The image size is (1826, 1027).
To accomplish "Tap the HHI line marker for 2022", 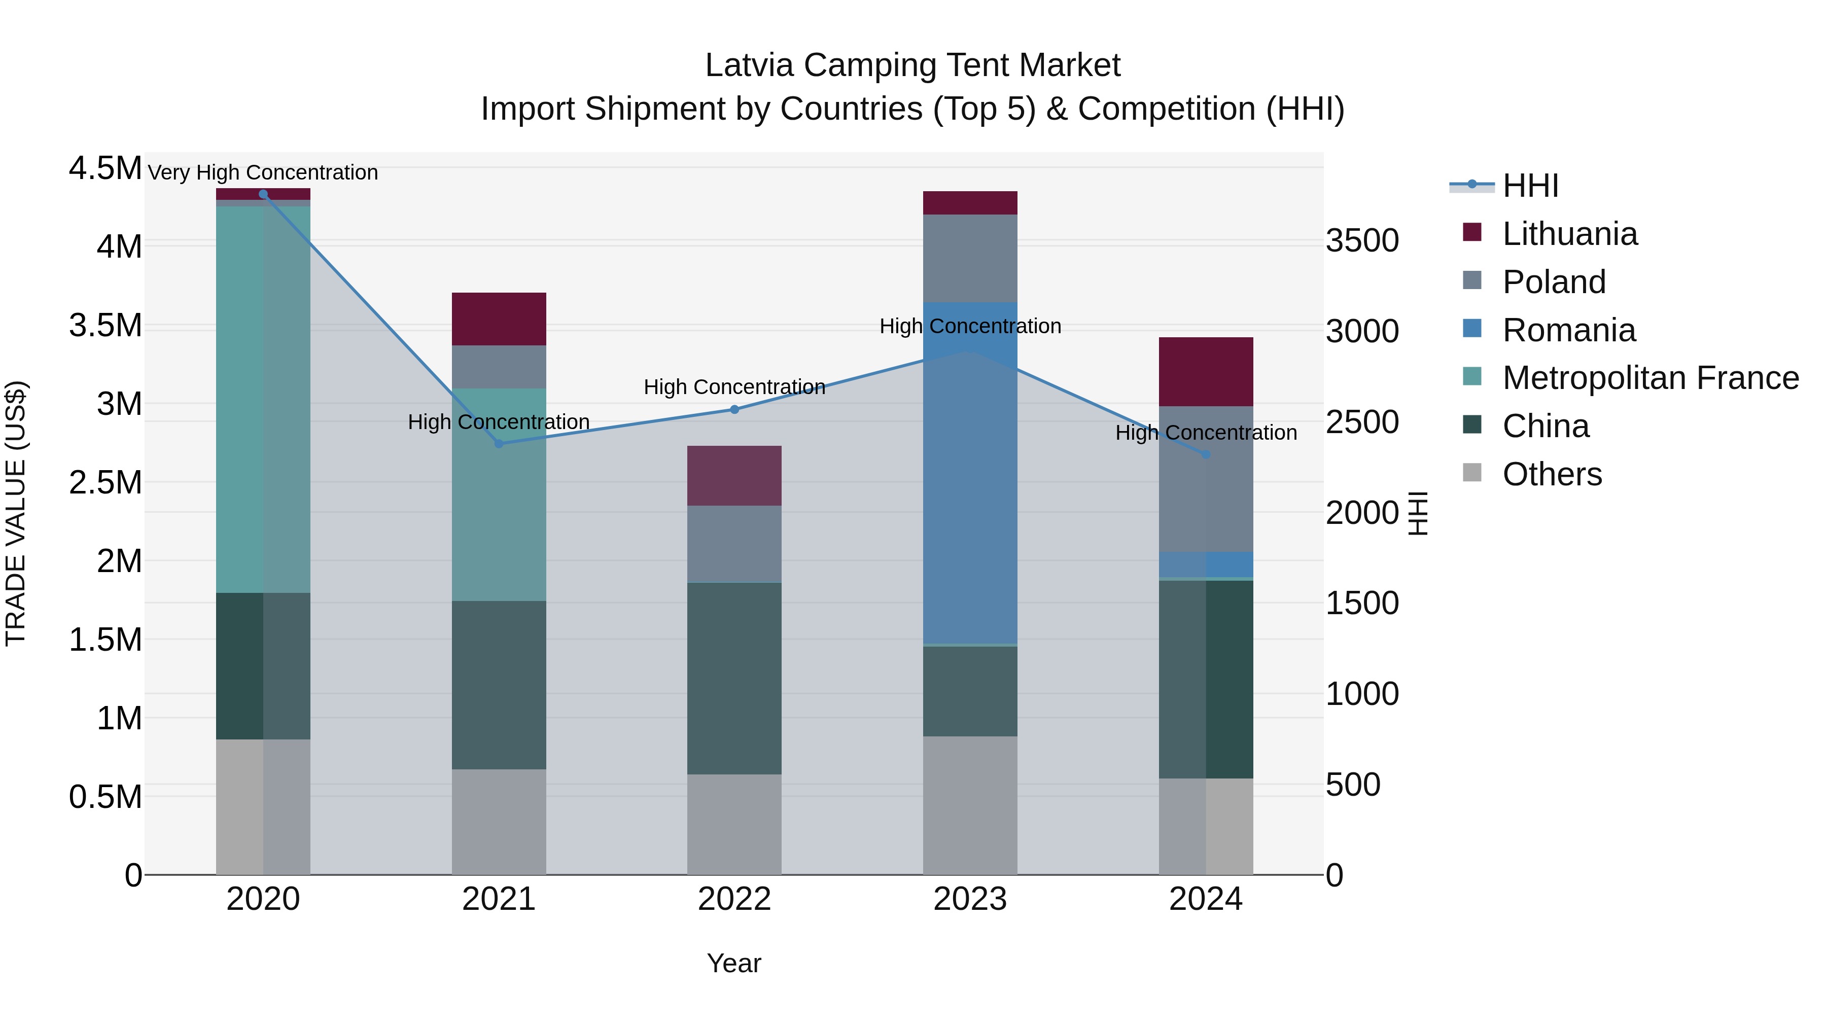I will point(734,409).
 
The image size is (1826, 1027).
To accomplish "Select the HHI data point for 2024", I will point(1206,454).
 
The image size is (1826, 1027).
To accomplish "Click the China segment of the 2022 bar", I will point(734,678).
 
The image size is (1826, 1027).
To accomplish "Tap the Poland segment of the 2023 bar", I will point(970,258).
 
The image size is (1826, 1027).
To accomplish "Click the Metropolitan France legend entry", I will point(1649,378).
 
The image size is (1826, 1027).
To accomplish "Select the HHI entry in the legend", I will point(1530,186).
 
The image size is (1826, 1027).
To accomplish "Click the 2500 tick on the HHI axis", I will point(1362,422).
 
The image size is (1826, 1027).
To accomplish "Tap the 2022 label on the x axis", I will point(734,899).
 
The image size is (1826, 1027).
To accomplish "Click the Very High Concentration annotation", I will point(263,172).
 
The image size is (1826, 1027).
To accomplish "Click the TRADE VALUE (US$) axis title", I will point(16,513).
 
